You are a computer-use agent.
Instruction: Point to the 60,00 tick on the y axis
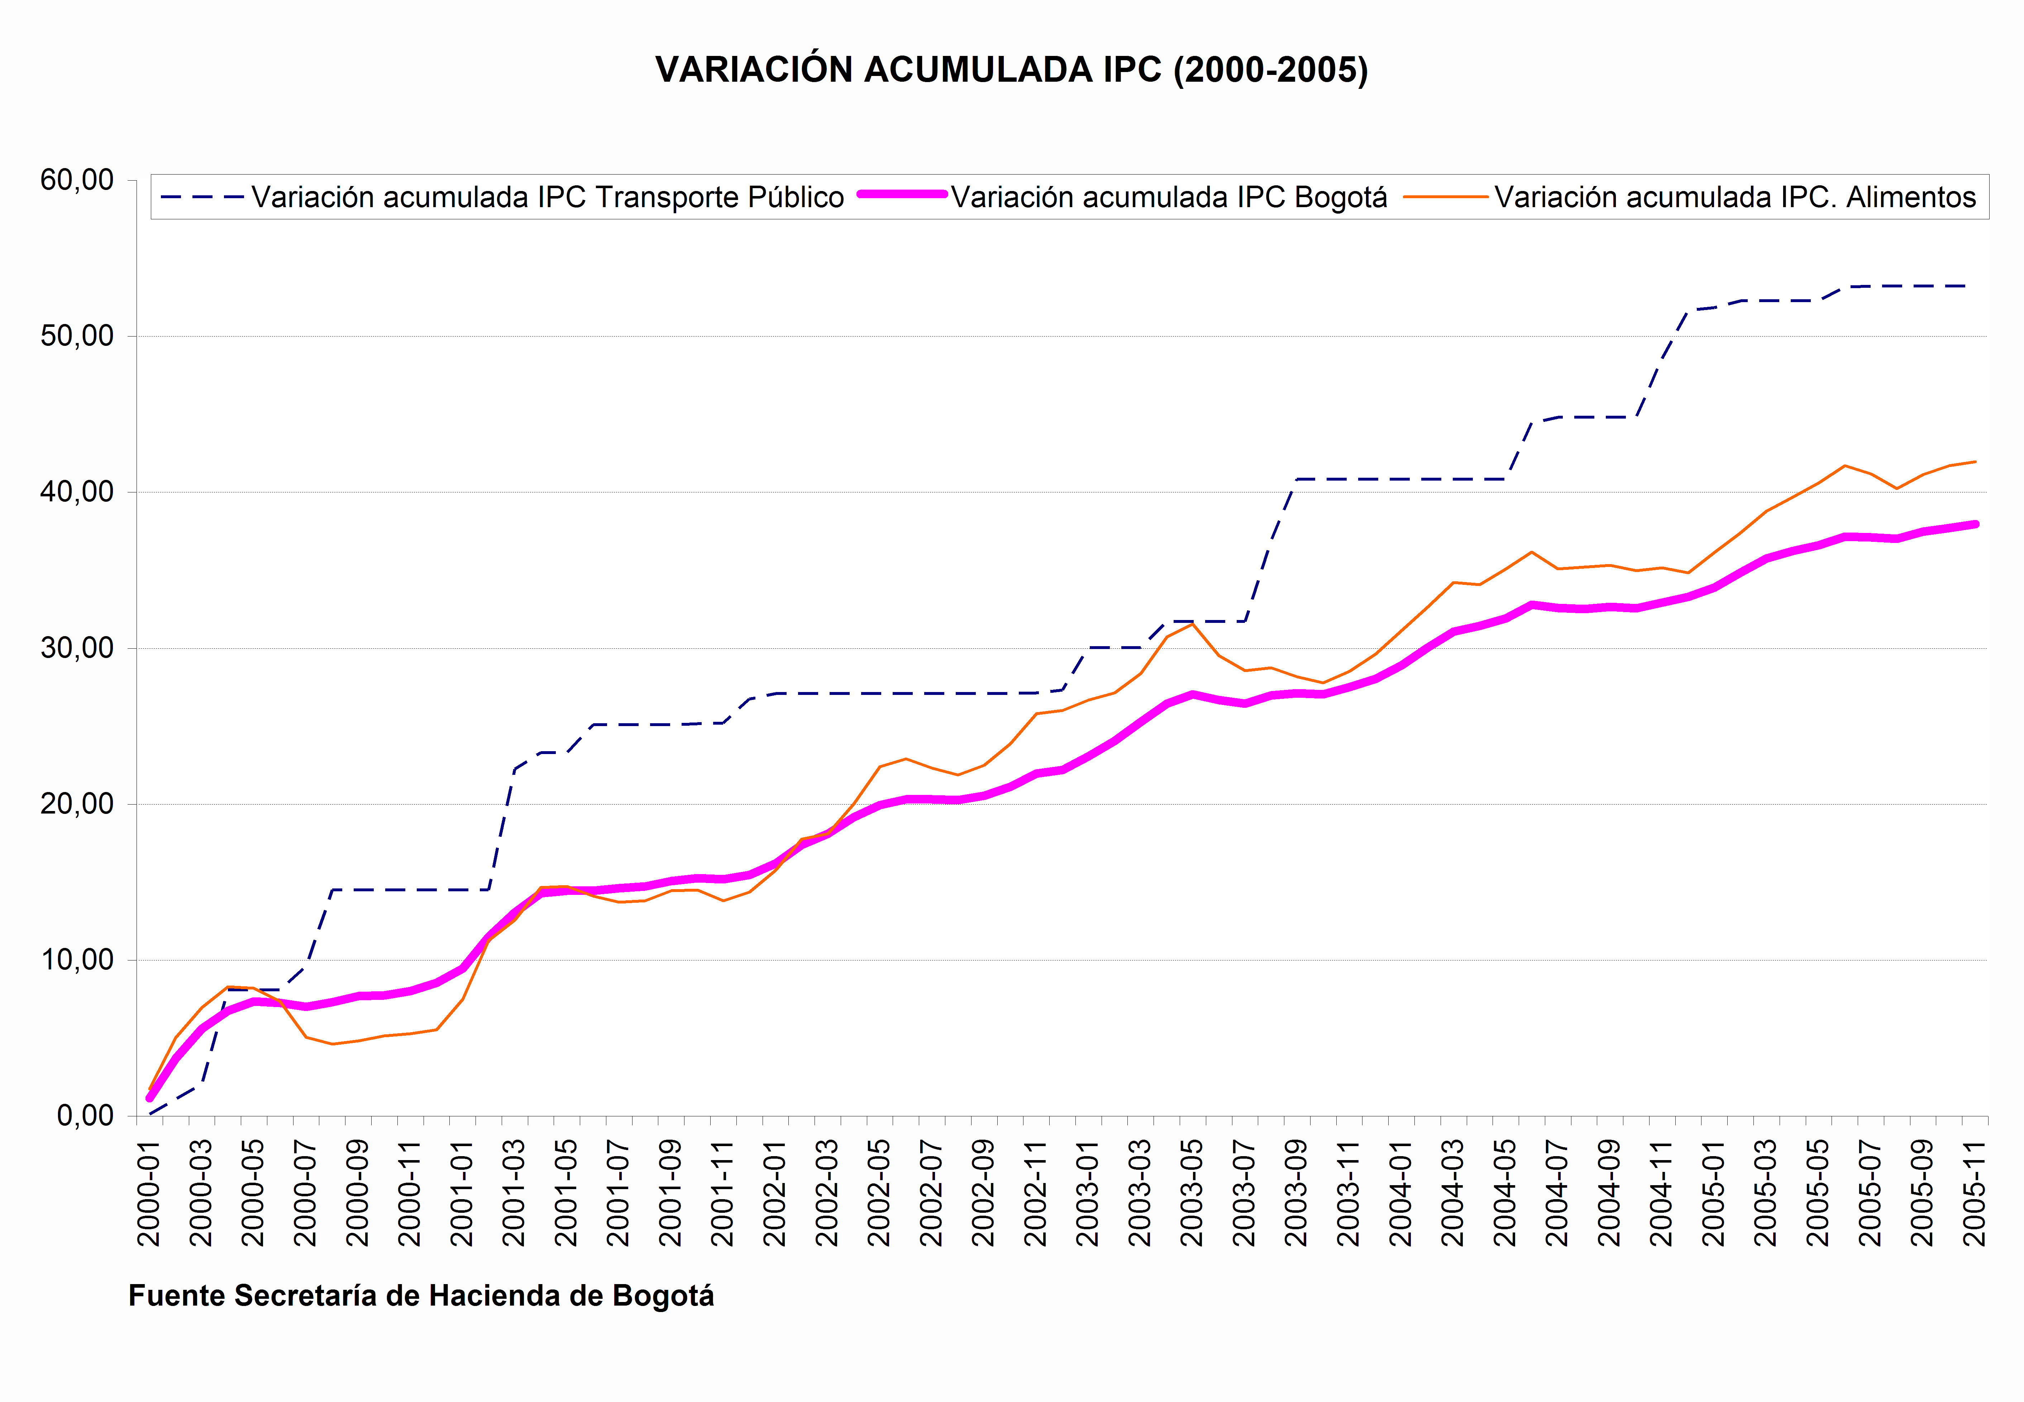[x=77, y=180]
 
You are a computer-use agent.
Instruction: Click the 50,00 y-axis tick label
[x=77, y=335]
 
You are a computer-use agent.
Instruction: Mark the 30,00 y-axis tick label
[x=77, y=648]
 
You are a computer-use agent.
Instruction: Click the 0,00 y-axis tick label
[x=85, y=1116]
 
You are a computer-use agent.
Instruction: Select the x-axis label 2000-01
[x=149, y=1193]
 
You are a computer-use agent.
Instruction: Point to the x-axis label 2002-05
[x=879, y=1193]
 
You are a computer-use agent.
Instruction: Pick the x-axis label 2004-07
[x=1557, y=1193]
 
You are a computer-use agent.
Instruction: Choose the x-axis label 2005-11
[x=1974, y=1193]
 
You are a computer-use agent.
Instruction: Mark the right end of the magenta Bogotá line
[x=1975, y=524]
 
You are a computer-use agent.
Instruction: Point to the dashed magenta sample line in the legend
[x=902, y=194]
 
